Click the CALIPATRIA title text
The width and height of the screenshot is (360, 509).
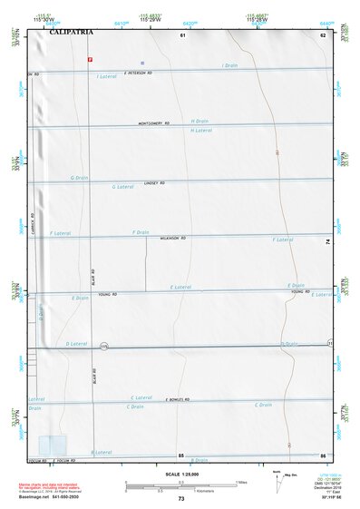72,33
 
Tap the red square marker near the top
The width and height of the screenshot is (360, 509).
89,58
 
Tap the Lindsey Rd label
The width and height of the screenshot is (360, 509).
155,183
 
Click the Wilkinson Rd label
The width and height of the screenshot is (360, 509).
170,239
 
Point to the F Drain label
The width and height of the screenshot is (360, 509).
140,232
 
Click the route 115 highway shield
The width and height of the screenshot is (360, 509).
104,347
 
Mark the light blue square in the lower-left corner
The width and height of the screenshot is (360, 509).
52,445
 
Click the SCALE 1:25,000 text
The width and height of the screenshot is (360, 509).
180,474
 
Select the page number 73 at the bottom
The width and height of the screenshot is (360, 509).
181,499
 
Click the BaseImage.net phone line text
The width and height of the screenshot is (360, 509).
70,497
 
